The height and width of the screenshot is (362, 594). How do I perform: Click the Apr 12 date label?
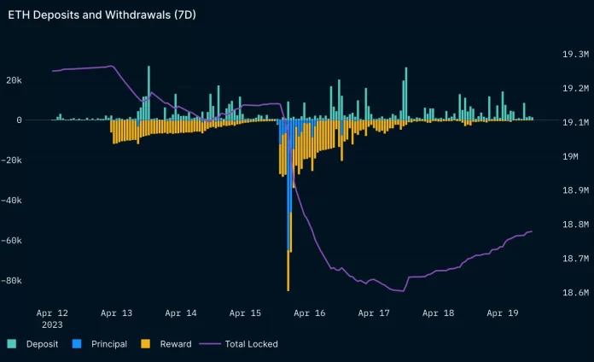pos(52,313)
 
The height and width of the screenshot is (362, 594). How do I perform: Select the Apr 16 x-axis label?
pos(310,313)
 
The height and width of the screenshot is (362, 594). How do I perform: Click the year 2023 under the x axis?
pos(52,325)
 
